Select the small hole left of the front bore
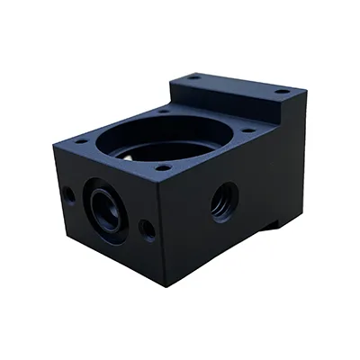coord(68,193)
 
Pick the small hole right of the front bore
coord(148,229)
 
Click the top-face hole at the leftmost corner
coord(81,141)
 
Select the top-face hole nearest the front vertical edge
coord(161,167)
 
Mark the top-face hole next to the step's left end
coord(164,110)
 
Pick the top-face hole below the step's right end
coord(249,130)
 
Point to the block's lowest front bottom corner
coord(166,285)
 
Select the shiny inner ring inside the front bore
coord(108,212)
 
